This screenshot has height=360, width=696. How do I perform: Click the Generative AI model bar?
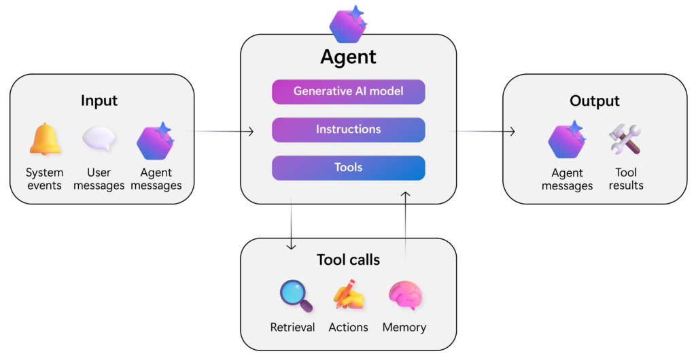coord(348,92)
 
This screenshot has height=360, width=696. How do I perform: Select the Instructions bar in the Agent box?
coord(348,130)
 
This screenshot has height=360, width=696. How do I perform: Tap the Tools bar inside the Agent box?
coord(348,168)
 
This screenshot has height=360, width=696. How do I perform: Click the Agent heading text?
coord(348,57)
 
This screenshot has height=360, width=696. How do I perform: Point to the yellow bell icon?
coord(45,141)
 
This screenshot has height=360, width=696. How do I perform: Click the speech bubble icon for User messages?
coord(99,139)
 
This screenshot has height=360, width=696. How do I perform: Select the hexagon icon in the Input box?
coord(155,141)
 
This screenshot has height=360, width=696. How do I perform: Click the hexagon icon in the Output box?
coord(567,141)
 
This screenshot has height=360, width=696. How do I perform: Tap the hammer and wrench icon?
coord(625,140)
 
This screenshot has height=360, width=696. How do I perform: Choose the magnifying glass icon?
coord(296,296)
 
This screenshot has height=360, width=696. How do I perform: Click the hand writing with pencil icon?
coord(348,296)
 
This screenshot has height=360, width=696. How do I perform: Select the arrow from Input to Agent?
coord(224,131)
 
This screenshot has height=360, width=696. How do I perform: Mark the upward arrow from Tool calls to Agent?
coord(406,224)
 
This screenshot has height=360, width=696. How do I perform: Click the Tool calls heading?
coord(348,260)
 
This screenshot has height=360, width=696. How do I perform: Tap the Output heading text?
coord(594,101)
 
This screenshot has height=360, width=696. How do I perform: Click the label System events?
coord(45,179)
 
